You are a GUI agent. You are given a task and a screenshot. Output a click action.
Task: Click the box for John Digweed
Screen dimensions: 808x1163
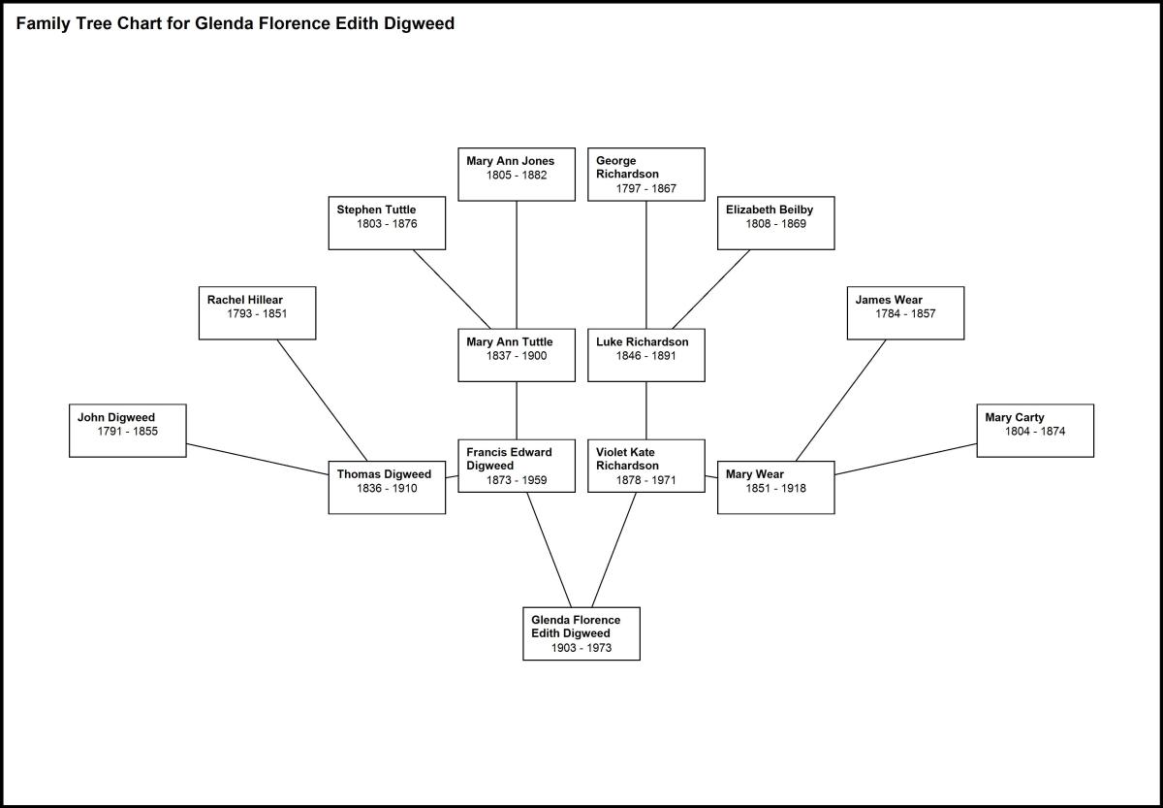(127, 430)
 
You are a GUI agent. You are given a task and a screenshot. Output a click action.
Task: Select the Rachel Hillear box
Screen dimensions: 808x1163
(257, 312)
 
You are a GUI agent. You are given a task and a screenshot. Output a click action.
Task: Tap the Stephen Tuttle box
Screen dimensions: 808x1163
(387, 222)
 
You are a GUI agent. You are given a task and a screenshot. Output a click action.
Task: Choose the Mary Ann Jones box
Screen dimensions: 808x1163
(516, 174)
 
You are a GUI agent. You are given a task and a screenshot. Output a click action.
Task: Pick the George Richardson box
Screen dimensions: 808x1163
(645, 174)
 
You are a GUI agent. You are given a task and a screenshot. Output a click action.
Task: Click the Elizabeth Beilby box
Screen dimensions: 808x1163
(775, 222)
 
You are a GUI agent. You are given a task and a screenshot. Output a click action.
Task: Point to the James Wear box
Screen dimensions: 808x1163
(905, 312)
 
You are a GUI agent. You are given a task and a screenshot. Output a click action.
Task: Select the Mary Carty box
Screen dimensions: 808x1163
(1035, 430)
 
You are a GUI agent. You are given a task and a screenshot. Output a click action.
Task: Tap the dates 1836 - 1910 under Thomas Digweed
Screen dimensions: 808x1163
(387, 489)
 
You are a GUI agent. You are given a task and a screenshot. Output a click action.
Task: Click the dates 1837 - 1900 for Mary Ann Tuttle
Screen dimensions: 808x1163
(517, 356)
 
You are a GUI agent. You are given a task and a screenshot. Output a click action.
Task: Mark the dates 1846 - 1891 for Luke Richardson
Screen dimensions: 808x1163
(646, 356)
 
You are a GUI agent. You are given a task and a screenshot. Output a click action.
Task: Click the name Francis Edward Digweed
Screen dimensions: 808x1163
(509, 459)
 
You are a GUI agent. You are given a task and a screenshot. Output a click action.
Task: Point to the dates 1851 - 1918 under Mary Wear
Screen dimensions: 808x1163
(775, 489)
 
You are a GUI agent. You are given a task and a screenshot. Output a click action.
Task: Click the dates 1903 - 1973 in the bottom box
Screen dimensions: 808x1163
(581, 648)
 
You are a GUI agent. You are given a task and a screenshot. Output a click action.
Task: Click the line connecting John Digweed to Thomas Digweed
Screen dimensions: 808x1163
(257, 459)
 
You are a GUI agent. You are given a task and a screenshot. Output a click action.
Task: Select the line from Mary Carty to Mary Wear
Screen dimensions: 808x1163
(905, 459)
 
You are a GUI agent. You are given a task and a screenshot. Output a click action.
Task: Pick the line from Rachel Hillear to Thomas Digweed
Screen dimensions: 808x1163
(322, 399)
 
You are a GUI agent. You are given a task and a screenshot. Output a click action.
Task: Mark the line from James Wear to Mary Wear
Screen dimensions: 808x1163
(840, 400)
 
